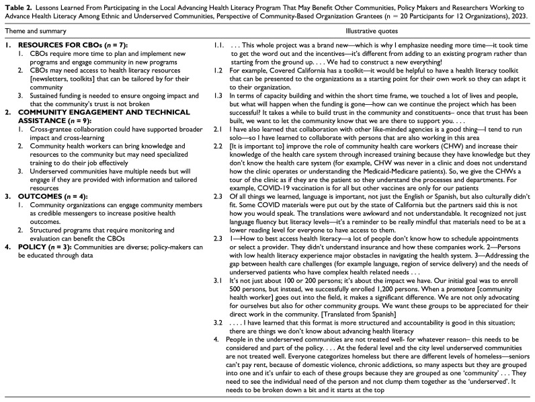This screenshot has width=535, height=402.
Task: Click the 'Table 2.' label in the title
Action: click(x=13, y=5)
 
